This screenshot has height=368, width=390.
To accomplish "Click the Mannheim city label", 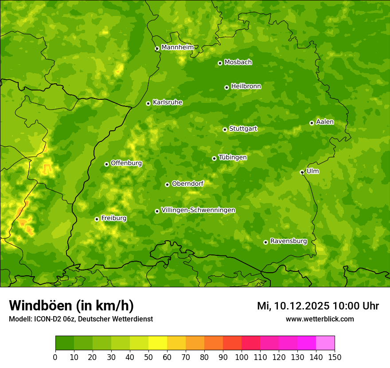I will coord(178,47).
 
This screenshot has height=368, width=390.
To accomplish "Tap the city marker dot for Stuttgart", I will coord(225,129).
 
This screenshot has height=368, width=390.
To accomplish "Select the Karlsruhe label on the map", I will coord(168,102).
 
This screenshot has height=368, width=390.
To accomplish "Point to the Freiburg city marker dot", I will coord(97,219).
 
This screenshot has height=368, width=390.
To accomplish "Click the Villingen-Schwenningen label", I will coord(198,210).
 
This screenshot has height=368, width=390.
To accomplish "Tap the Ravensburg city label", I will coord(289,241).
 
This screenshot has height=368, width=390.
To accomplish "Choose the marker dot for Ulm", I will coord(302,172).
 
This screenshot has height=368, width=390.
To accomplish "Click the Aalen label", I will coord(325,122).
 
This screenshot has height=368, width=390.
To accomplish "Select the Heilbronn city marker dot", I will coord(226,87).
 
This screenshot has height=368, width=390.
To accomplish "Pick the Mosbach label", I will coord(238,63).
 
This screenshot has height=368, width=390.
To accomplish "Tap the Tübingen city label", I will coord(233,157).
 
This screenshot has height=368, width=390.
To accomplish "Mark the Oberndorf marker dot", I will coord(167,184).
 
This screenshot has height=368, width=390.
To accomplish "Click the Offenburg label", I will coord(126,163).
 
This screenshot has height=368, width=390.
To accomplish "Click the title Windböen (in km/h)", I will coord(71,305).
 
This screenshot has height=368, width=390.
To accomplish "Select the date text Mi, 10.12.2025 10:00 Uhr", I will coord(318,306).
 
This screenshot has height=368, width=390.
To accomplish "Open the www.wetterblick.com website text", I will coord(320,319).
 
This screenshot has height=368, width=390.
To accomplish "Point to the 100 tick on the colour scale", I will coord(242,357).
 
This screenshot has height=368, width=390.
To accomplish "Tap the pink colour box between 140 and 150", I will coord(325,343).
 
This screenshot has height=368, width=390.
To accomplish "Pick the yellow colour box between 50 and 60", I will coord(158,343).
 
